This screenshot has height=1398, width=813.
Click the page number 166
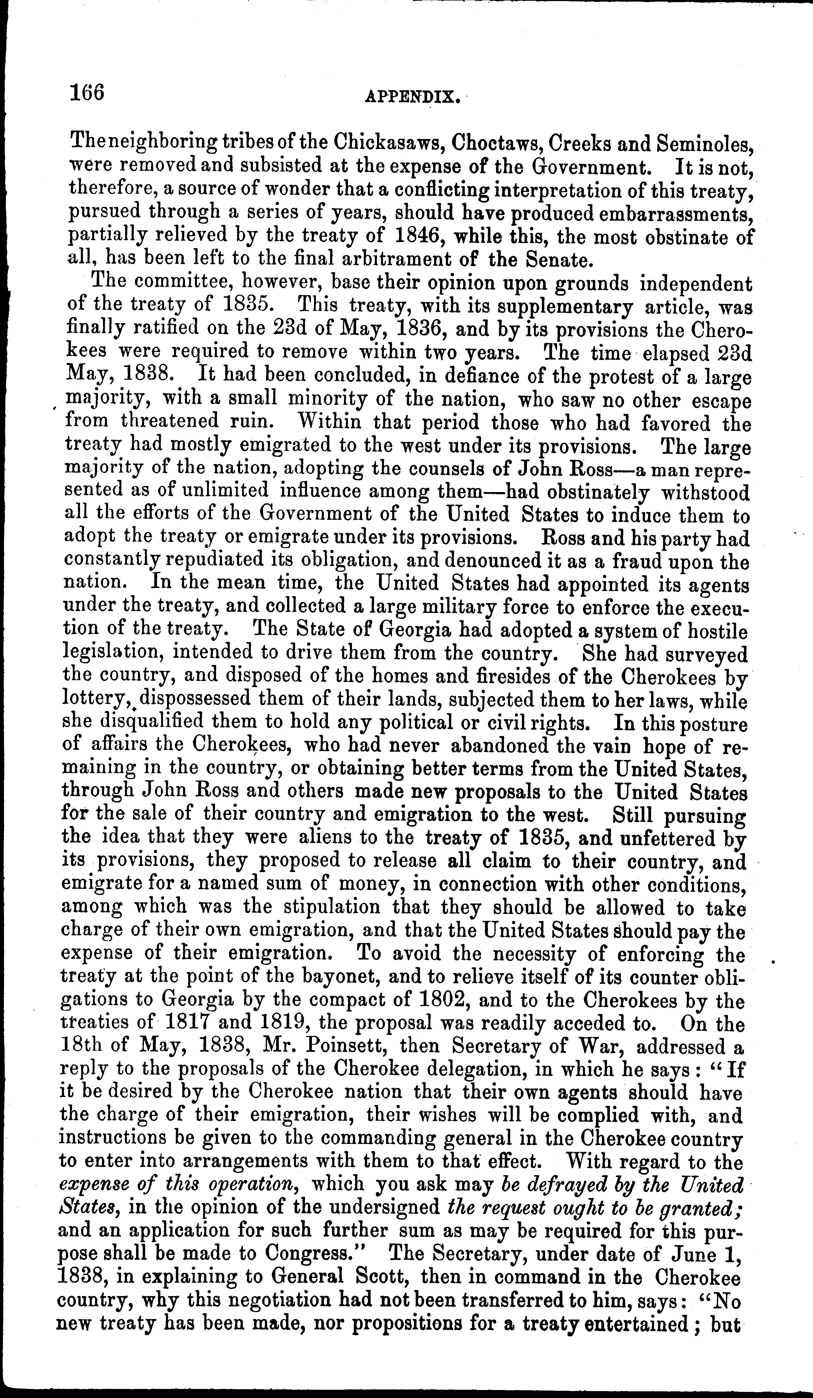tap(87, 92)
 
